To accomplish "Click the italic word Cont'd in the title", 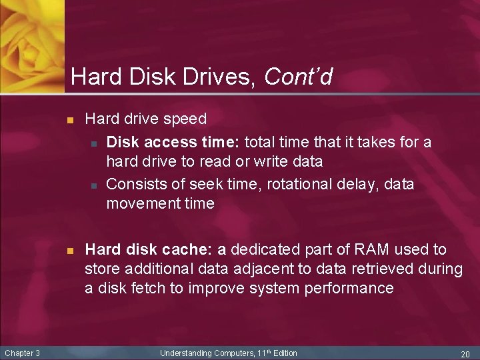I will point(298,77).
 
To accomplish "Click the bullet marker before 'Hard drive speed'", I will point(69,121).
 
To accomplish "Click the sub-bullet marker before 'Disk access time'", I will point(95,143).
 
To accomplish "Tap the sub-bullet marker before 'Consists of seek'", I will point(95,185).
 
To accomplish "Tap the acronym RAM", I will point(372,250).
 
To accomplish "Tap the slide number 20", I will point(465,353).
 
